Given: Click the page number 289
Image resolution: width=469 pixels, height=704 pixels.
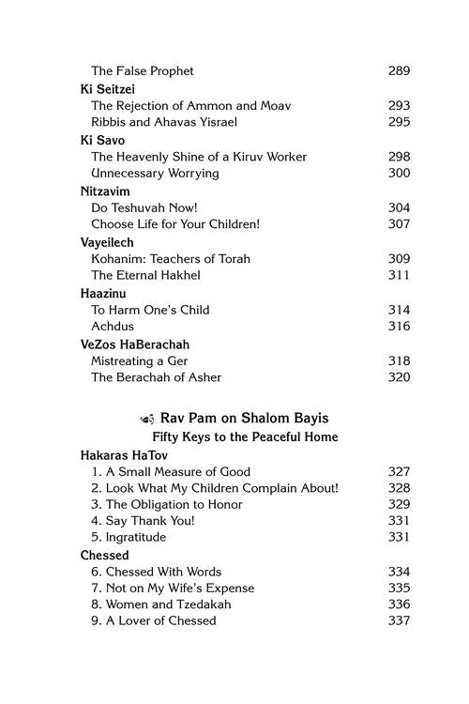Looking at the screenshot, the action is coord(399,70).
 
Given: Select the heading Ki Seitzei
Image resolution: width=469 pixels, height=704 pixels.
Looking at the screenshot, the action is coord(107,88).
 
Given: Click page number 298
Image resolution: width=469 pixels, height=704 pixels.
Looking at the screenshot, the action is coord(399,157).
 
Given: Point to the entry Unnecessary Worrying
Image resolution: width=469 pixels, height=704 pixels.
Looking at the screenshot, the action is coord(155,174).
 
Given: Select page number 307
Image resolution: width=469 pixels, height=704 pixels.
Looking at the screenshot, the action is coord(399,224).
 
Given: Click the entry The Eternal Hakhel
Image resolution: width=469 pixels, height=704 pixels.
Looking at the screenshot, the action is coord(145,275).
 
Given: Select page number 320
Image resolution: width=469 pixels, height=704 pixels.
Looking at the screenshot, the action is coord(399,377).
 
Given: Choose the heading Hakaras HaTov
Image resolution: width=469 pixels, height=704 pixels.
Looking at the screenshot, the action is coord(121,454).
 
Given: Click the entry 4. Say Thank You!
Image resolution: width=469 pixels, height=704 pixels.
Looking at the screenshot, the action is coord(143,521).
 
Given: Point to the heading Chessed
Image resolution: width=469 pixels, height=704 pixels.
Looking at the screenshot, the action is coord(104,556).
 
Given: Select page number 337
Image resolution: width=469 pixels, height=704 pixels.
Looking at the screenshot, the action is coord(399,620).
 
